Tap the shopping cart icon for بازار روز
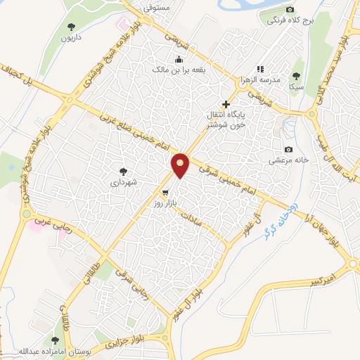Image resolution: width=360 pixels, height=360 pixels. (x=165, y=191)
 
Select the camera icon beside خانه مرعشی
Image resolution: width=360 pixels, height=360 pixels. (x=288, y=149)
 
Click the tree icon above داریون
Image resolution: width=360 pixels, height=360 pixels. (x=70, y=26)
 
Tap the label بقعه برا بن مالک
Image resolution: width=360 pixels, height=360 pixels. (x=179, y=70)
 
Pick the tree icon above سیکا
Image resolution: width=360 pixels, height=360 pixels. (x=295, y=75)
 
